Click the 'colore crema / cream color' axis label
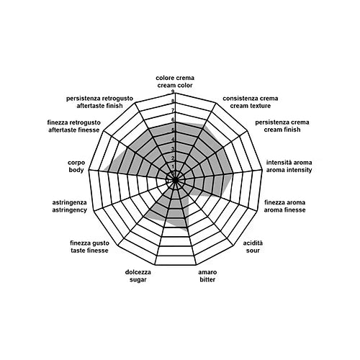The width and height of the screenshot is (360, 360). (x=175, y=81)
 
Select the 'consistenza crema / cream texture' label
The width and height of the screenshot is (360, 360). (x=251, y=102)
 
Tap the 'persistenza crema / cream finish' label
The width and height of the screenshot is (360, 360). (x=282, y=126)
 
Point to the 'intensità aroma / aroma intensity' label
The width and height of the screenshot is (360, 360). (x=289, y=166)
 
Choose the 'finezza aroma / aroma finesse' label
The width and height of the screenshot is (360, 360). (x=284, y=206)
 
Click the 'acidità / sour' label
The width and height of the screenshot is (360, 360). (x=253, y=247)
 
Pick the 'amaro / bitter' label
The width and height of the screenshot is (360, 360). (x=207, y=276)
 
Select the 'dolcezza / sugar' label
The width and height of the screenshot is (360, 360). (x=138, y=276)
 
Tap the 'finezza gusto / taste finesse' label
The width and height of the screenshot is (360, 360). (x=89, y=247)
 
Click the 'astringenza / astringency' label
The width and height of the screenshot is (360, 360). (x=69, y=206)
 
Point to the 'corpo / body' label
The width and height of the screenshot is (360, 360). (x=76, y=166)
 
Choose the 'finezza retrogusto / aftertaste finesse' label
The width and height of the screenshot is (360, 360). (x=74, y=126)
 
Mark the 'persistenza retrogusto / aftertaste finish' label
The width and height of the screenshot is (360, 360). (x=99, y=102)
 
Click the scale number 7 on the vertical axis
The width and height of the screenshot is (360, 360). (x=173, y=110)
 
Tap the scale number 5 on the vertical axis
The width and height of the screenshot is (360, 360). (x=173, y=130)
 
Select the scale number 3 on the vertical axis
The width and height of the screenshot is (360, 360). (x=173, y=149)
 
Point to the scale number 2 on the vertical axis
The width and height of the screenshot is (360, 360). (x=173, y=158)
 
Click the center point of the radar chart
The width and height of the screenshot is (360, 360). (x=175, y=179)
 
